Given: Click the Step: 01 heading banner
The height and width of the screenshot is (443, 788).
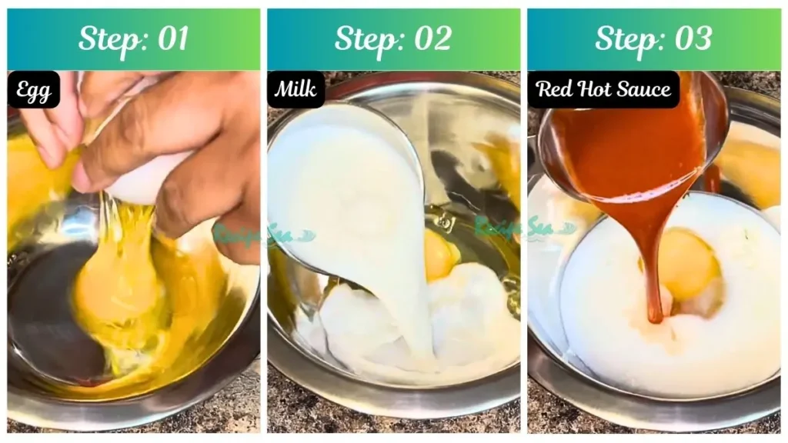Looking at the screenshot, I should tap(134, 39).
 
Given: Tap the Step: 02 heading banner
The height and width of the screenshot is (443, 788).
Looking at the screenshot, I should tap(393, 39).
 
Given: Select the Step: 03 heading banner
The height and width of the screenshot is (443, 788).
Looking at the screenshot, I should tap(653, 39).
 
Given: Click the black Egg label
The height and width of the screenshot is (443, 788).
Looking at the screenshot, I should tap(33, 91).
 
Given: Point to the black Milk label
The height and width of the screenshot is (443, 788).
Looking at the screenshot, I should tap(295, 90).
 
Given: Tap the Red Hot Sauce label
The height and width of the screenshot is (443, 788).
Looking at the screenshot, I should tap(603, 89).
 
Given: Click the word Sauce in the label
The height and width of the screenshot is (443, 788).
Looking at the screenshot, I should tap(645, 89).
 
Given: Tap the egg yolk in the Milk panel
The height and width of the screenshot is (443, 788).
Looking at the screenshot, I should tap(440, 256).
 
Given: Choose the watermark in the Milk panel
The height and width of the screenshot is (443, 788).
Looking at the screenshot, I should tap(523, 228).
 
